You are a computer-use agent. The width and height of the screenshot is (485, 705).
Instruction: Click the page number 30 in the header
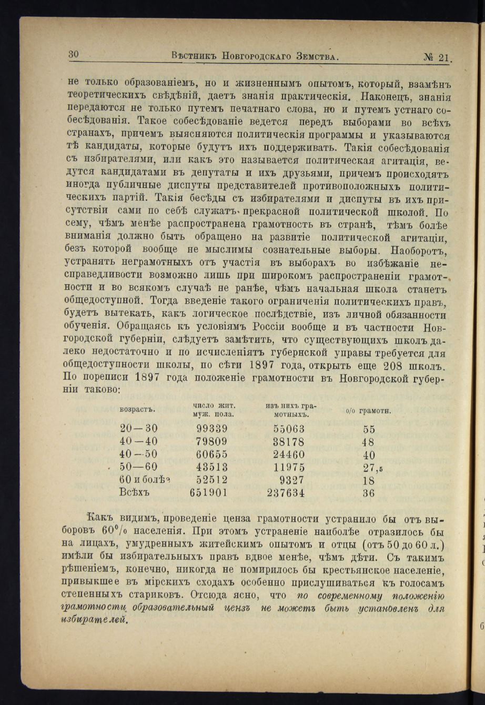pyautogui.click(x=73, y=54)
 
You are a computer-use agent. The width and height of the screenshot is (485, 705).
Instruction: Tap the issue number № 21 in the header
pyautogui.click(x=438, y=57)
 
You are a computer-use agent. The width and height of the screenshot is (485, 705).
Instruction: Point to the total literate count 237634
pyautogui.click(x=286, y=493)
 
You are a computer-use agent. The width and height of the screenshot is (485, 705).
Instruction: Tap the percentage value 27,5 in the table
pyautogui.click(x=372, y=468)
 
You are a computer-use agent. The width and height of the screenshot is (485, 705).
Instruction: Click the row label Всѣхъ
pyautogui.click(x=135, y=493)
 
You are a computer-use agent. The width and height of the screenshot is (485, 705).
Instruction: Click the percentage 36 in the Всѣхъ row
pyautogui.click(x=369, y=493)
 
